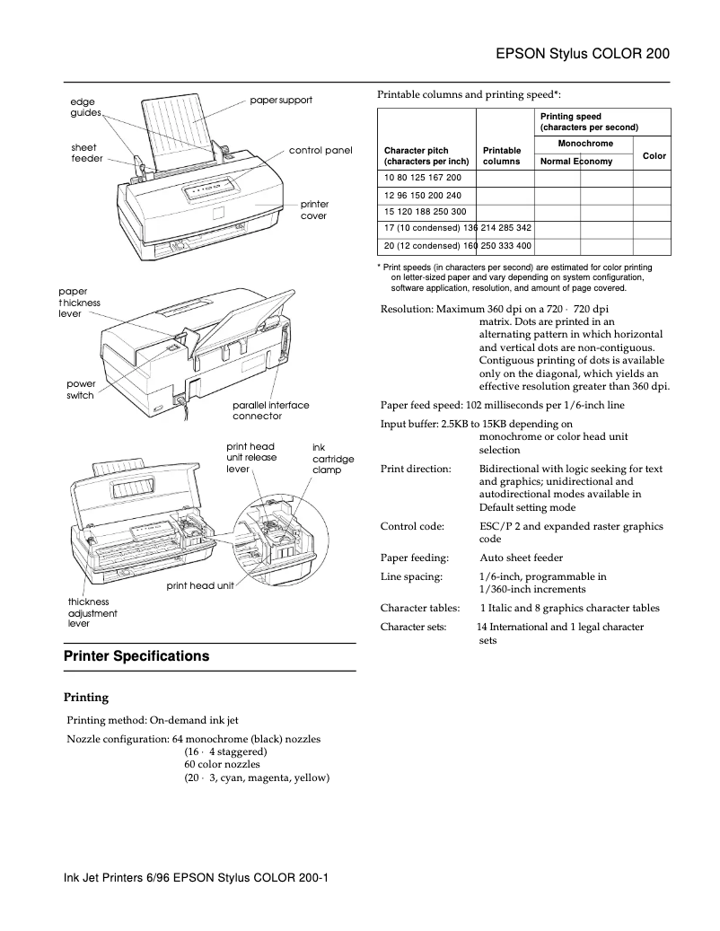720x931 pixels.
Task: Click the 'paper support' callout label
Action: pos(281,100)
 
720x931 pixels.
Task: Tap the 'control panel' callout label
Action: pos(320,150)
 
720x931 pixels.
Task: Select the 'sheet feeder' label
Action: pos(85,153)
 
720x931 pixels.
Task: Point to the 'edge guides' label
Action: pos(85,108)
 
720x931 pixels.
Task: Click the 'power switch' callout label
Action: pos(81,390)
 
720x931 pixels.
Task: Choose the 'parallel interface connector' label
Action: pos(270,410)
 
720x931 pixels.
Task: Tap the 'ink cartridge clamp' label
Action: pos(332,458)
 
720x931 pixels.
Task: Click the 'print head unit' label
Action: pos(199,585)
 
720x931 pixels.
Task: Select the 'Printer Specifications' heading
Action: pos(136,656)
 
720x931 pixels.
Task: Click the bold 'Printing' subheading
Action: pos(86,697)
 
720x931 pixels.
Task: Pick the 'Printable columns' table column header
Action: pos(502,155)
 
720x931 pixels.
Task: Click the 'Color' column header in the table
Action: pos(654,155)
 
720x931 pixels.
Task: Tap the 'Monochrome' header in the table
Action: pos(585,144)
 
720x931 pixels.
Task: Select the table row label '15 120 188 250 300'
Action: pos(422,212)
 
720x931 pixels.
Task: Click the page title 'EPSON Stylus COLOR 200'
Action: pos(583,54)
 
